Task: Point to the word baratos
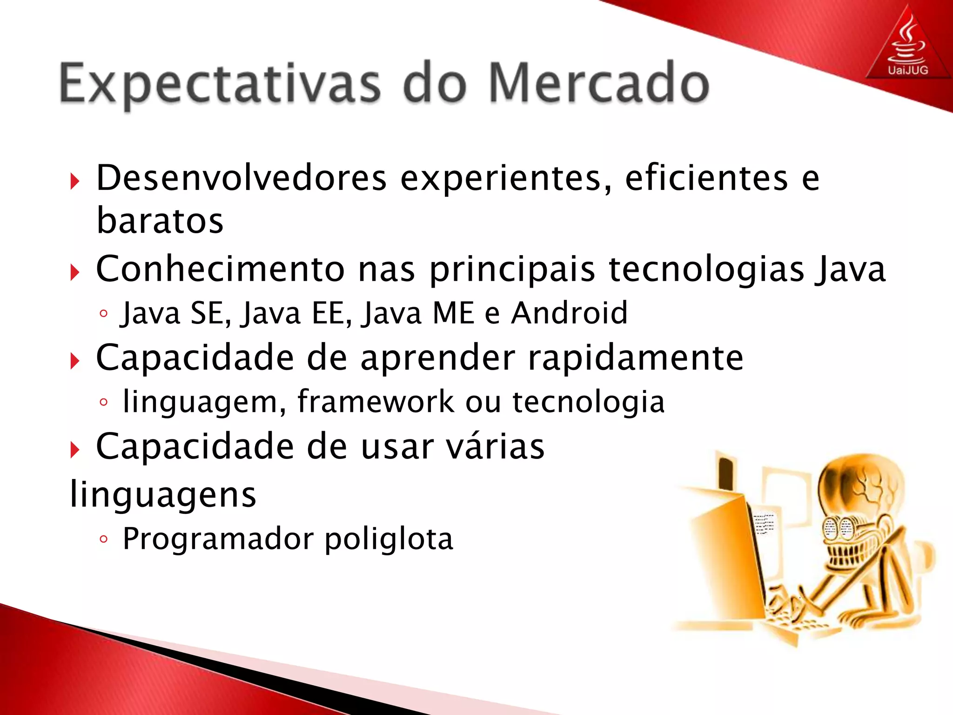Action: point(160,221)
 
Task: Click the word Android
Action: point(570,313)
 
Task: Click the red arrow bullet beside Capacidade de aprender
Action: point(74,361)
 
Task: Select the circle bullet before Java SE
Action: point(103,314)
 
